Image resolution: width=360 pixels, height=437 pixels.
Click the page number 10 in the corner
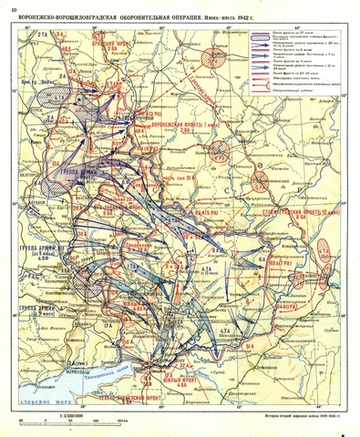pyautogui.click(x=10, y=8)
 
